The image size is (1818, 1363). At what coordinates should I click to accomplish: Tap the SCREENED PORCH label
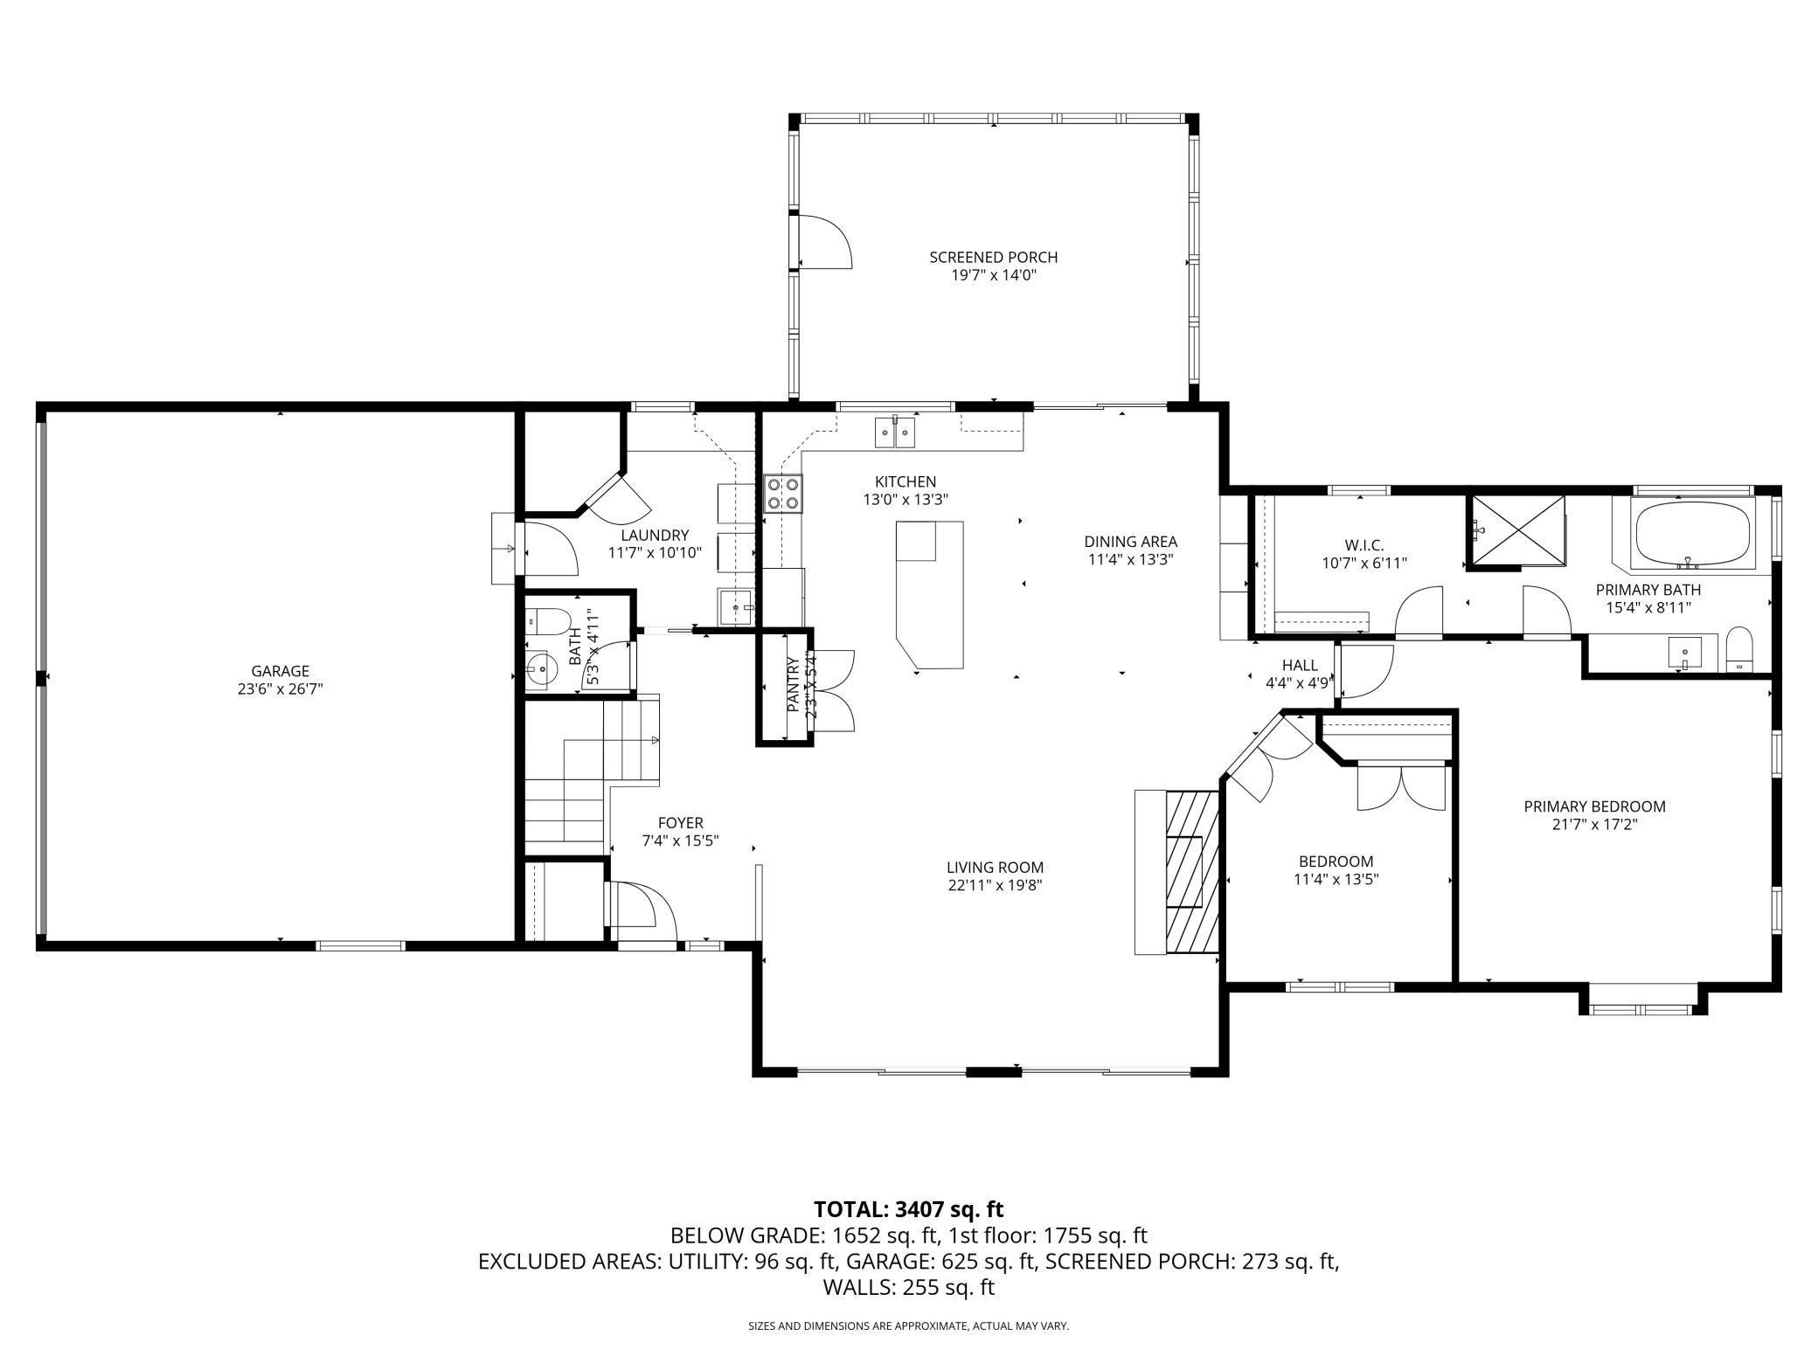click(993, 257)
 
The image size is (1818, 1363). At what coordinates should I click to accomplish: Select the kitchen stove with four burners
click(782, 493)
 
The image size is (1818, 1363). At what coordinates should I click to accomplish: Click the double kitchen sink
click(896, 432)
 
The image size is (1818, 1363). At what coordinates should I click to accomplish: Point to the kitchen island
click(930, 594)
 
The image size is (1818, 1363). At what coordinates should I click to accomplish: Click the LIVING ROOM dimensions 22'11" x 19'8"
click(995, 885)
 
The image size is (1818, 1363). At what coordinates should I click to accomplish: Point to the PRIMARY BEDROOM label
click(1594, 806)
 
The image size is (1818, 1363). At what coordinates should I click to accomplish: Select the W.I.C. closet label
click(1364, 545)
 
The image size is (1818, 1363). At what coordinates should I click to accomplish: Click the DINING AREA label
click(1130, 541)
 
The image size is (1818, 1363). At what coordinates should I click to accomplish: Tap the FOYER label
click(680, 823)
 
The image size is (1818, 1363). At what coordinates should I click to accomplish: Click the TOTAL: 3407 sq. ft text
click(908, 1209)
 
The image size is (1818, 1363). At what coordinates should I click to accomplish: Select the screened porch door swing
click(826, 241)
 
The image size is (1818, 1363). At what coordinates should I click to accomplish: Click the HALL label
click(1300, 666)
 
